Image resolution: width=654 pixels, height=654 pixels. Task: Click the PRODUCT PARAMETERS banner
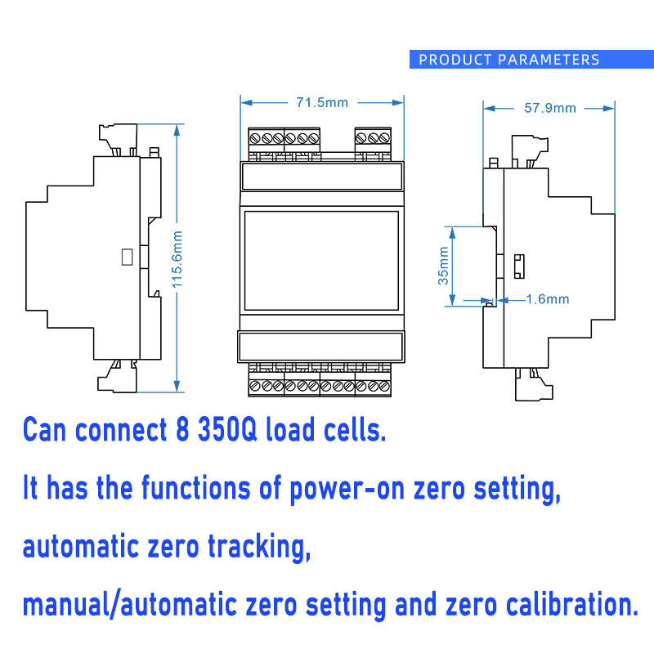pyautogui.click(x=508, y=60)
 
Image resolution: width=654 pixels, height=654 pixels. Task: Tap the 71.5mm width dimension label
pyautogui.click(x=322, y=102)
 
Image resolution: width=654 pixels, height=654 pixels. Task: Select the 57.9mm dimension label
pyautogui.click(x=549, y=107)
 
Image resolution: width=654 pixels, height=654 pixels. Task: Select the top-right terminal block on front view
pyautogui.click(x=373, y=144)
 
